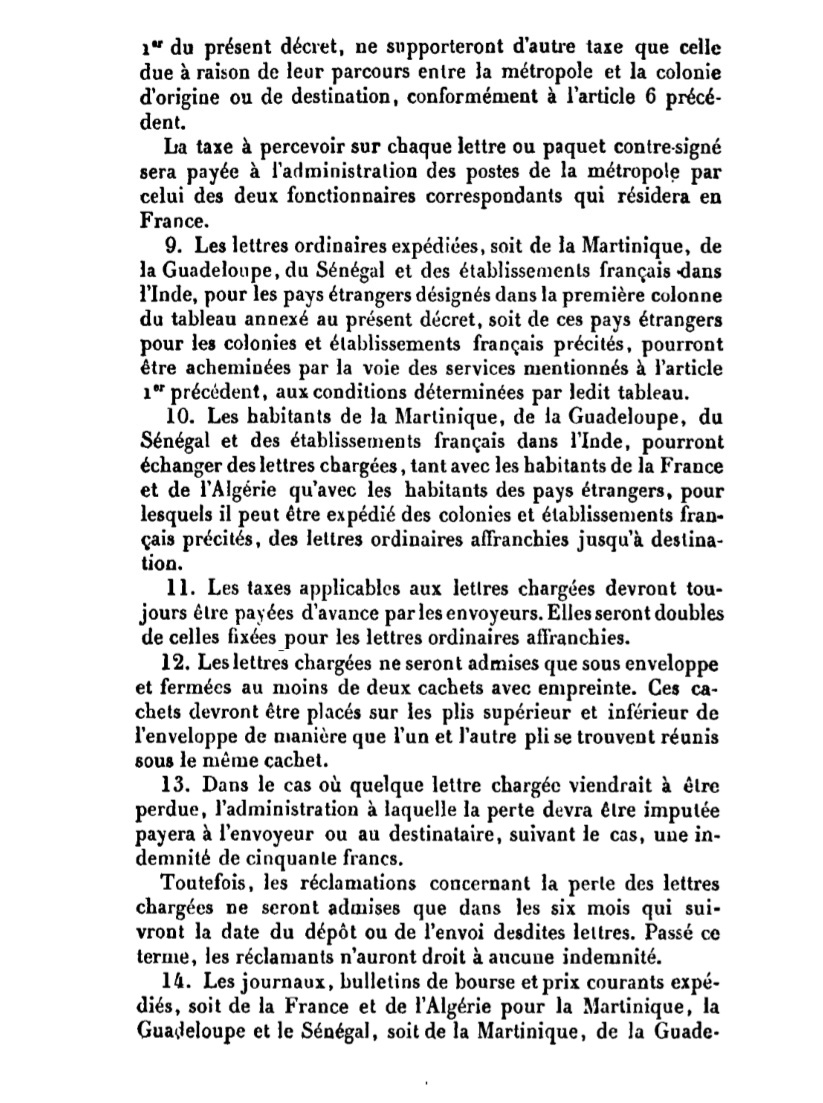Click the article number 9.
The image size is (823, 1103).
tap(169, 243)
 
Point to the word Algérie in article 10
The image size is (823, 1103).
tap(234, 490)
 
